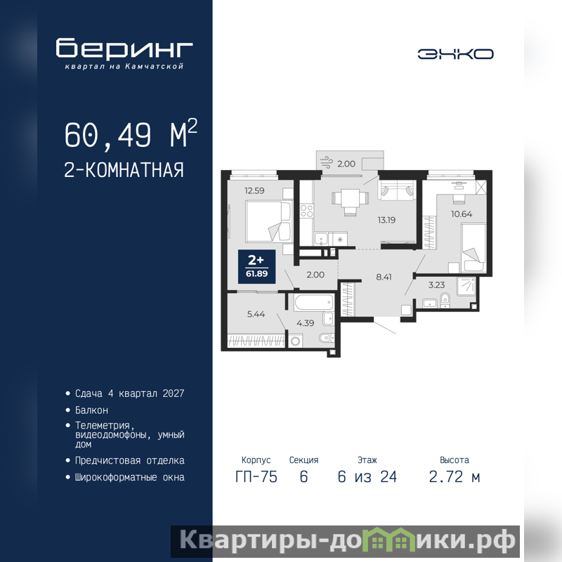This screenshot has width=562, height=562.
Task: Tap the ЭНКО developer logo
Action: pos(455,54)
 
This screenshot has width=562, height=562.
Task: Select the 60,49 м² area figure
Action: pos(131,134)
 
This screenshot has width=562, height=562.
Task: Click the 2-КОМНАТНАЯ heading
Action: pos(124,170)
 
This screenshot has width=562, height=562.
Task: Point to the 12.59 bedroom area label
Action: pos(254,190)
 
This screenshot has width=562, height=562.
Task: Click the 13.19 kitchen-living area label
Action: pos(386,220)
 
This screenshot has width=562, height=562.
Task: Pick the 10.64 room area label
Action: pos(462,214)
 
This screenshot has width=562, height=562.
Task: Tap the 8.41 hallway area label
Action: pos(384,277)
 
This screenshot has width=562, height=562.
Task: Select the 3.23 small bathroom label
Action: pos(436,285)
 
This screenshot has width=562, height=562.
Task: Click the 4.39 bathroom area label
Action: pos(306,323)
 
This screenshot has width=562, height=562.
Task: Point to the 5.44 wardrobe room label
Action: pos(256,314)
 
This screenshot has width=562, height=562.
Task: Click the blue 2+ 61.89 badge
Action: pos(256,267)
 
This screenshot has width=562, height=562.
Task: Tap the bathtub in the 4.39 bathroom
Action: pos(313,303)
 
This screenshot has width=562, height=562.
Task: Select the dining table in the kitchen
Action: pos(350,198)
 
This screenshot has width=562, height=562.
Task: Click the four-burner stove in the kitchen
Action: pos(306,210)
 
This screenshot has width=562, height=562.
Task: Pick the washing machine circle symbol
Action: pos(295,341)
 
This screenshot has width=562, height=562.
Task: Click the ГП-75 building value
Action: pos(256,477)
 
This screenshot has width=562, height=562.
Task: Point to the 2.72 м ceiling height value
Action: pos(455,477)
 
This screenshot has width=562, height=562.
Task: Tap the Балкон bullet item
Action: pos(91,410)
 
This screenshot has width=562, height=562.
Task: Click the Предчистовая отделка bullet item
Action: pos(130,460)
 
